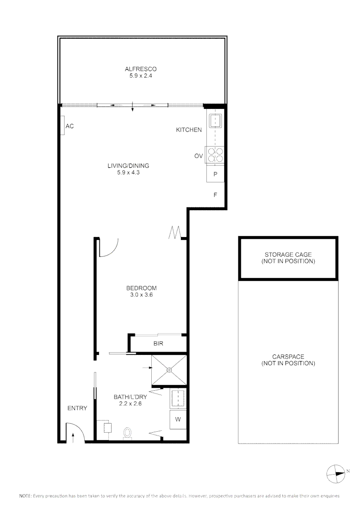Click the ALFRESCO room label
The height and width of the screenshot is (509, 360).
point(138,69)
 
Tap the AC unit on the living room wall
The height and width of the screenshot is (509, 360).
point(63,126)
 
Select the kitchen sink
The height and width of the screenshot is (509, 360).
point(215,121)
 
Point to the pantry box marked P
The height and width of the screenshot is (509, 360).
point(215,174)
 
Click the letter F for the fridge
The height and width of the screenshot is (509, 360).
point(215,194)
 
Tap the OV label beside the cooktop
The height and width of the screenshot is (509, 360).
point(198,156)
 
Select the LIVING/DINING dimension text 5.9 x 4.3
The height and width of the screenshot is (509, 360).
point(129,172)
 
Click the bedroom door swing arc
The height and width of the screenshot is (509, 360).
point(109,248)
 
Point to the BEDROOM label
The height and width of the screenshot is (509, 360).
point(141,288)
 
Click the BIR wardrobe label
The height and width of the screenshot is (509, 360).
point(158,344)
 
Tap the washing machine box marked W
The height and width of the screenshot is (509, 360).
point(178,419)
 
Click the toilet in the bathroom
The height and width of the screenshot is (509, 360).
point(127,433)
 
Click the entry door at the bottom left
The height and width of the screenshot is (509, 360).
point(74,433)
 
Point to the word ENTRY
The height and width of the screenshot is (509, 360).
point(77,408)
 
